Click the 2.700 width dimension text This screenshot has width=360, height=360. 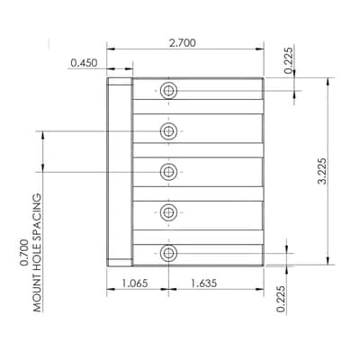(182, 43)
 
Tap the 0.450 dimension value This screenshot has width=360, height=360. (84, 63)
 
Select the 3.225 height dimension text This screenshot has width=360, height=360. (322, 171)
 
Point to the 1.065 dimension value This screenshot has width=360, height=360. (134, 283)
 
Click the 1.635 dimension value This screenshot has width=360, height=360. (203, 283)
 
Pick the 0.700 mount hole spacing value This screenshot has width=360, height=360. (24, 253)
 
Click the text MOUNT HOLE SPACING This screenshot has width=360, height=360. (37, 253)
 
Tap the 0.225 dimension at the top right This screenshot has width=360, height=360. (288, 60)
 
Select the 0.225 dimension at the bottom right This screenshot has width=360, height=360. (281, 299)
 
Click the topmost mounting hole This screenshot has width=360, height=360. (168, 90)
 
